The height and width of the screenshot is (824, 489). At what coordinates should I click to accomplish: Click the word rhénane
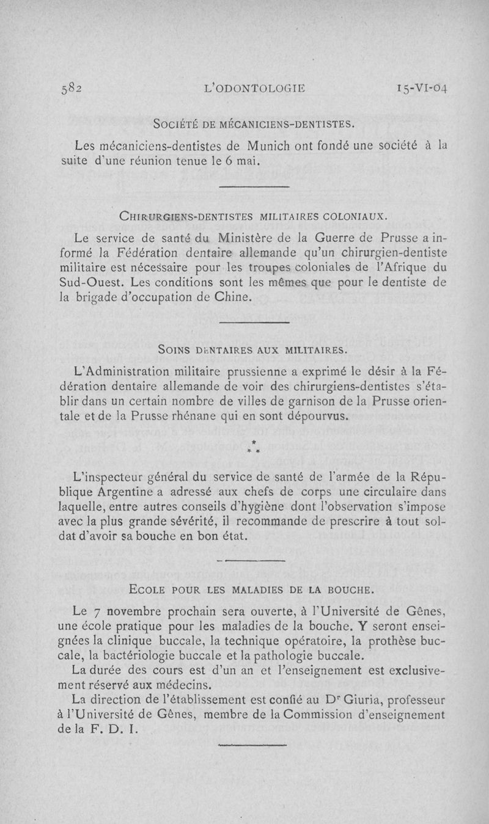click(x=185, y=417)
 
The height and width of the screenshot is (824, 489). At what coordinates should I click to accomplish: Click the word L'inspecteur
click(x=110, y=477)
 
